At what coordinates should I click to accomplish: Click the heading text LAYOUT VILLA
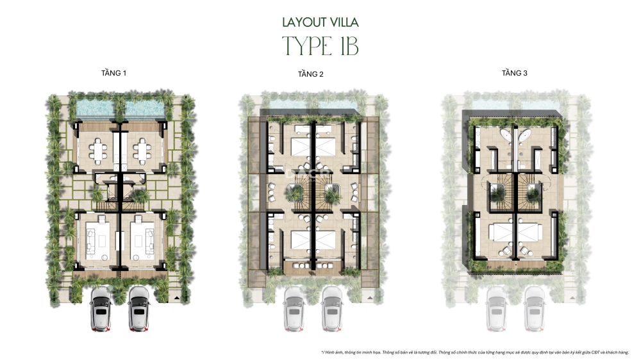[320, 22]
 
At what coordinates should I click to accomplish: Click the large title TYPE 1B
[320, 47]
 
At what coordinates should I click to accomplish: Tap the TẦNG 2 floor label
[310, 74]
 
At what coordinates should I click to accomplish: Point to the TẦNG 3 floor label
[514, 74]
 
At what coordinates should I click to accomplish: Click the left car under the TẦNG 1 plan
[101, 309]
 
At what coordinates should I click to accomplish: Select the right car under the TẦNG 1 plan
[138, 309]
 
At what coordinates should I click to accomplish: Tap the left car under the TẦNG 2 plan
[294, 309]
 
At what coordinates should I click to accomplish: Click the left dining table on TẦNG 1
[99, 151]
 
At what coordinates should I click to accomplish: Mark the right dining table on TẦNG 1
[142, 151]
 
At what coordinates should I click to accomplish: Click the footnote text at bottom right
[474, 352]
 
